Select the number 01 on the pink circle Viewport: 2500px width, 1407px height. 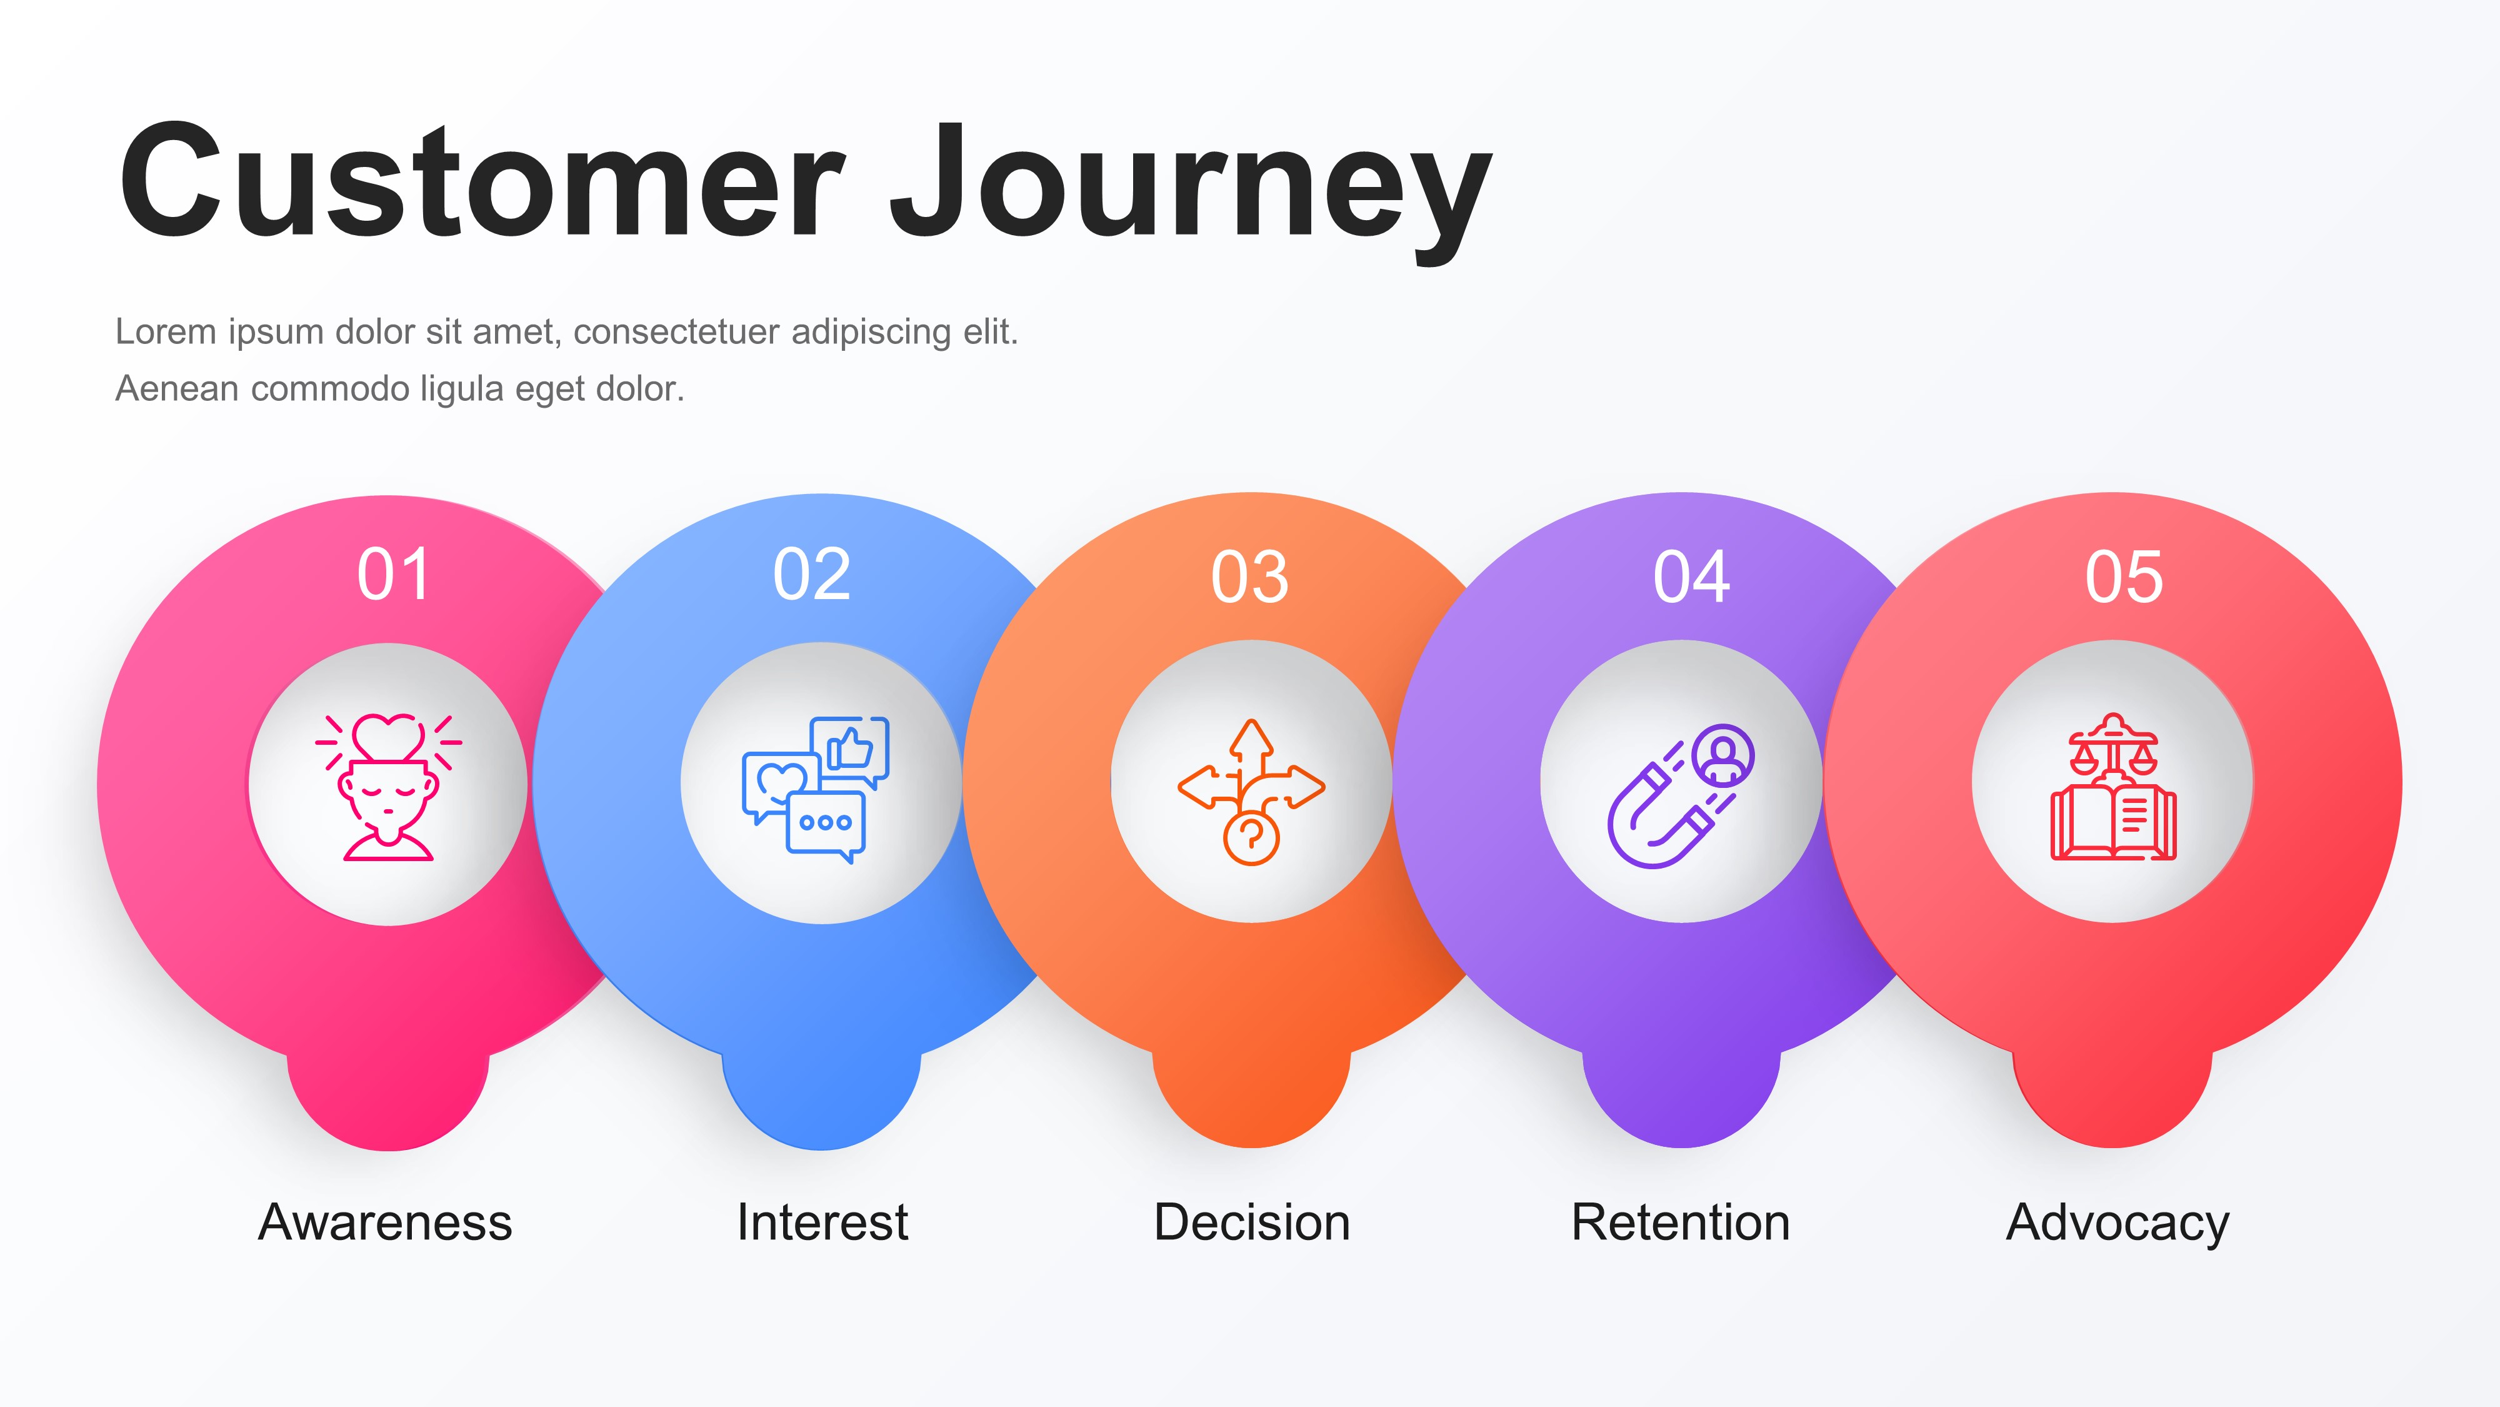point(393,575)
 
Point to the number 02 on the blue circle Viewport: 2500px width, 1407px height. point(811,575)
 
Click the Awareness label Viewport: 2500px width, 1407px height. point(385,1221)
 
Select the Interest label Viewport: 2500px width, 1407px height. point(822,1221)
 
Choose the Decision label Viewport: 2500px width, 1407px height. point(1252,1221)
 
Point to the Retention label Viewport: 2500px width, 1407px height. point(1681,1221)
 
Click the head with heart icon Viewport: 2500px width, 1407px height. point(388,787)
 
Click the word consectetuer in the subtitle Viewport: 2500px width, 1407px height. point(676,332)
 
